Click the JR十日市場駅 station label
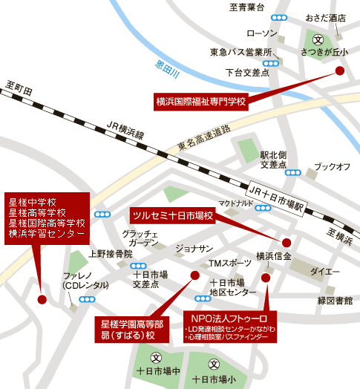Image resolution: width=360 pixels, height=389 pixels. [277, 199]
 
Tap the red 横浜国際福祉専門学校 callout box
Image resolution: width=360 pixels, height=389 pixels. [201, 102]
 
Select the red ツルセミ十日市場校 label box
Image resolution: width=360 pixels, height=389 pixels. [173, 215]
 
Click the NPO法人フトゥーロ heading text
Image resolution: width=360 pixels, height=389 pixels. [229, 318]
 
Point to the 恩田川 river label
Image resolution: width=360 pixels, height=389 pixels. [168, 69]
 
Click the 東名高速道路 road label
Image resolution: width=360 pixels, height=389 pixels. [204, 138]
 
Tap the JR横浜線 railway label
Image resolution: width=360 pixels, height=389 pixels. [125, 130]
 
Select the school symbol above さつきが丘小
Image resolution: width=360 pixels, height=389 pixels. [318, 40]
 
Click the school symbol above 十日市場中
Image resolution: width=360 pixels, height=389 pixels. [156, 358]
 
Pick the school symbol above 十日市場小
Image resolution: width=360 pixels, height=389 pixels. [214, 364]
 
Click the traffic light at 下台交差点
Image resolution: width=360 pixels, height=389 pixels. [271, 64]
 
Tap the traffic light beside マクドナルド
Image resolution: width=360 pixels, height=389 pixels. [263, 208]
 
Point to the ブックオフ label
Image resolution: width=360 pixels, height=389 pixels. [333, 167]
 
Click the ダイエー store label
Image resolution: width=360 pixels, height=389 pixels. [325, 272]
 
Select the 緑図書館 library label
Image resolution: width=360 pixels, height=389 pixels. [335, 301]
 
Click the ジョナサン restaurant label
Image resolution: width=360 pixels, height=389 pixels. [194, 249]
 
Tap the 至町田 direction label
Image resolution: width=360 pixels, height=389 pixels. [19, 88]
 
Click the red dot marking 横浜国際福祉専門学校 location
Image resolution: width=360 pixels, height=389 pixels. [340, 71]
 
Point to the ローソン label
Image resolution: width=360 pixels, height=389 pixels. [262, 33]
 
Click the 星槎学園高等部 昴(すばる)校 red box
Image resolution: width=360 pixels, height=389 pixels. [132, 330]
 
